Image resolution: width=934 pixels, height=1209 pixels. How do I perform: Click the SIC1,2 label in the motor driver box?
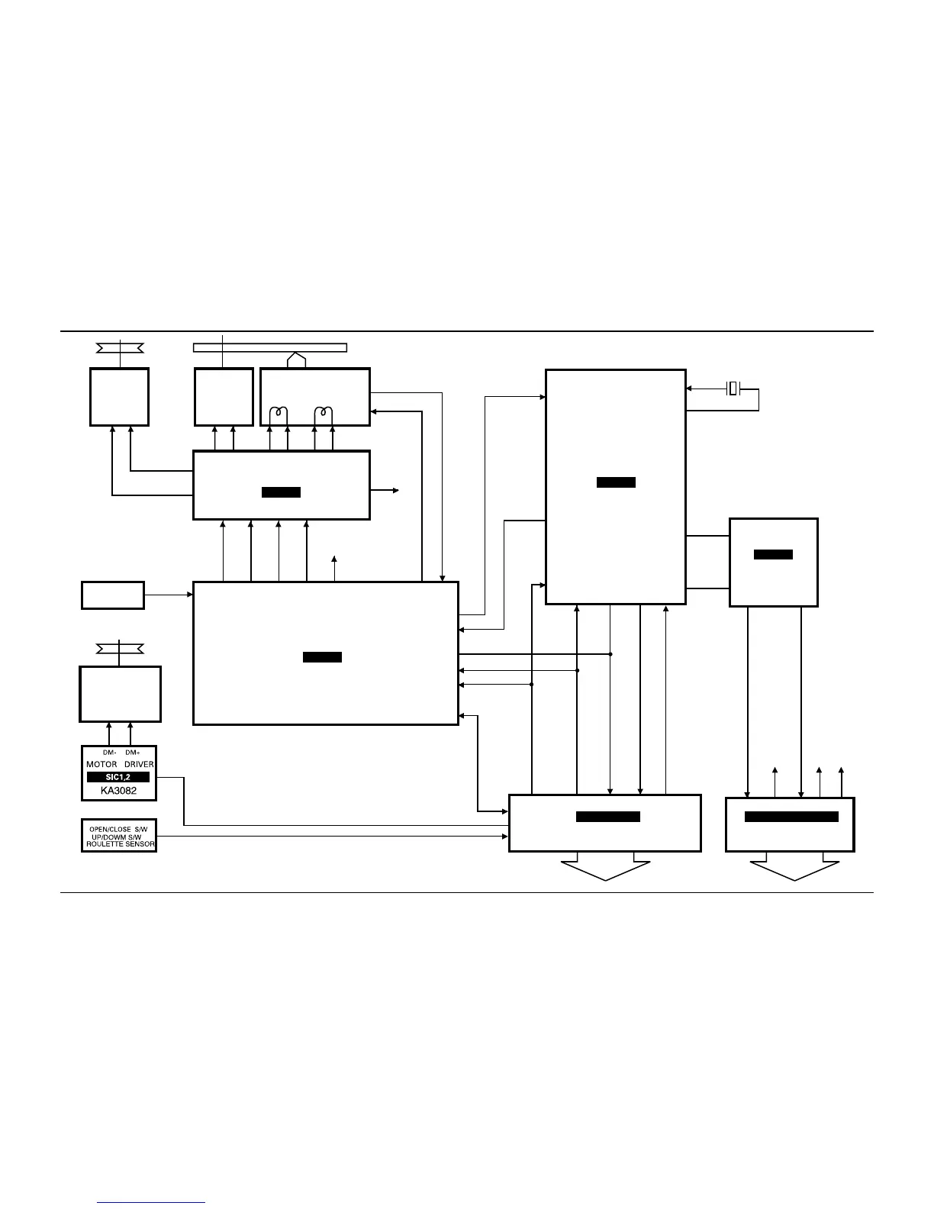click(118, 777)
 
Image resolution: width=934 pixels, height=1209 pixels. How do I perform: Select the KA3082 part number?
click(118, 791)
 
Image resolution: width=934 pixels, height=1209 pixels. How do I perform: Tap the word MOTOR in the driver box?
click(101, 764)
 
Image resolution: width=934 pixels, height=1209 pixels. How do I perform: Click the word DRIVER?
click(139, 764)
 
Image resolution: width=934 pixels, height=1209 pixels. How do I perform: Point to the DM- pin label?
click(109, 753)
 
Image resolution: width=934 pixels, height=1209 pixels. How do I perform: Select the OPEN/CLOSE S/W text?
click(118, 829)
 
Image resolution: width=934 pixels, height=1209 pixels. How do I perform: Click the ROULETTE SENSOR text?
click(120, 844)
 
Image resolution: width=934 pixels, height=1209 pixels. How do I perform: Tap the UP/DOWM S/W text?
click(117, 837)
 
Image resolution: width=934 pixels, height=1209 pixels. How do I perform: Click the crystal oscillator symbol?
click(733, 388)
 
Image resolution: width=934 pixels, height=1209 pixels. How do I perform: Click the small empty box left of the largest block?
click(112, 595)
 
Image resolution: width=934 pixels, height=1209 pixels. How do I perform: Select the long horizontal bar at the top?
click(270, 348)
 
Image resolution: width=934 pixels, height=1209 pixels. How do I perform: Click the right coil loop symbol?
click(324, 414)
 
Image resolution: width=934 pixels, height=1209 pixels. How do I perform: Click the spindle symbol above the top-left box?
click(120, 349)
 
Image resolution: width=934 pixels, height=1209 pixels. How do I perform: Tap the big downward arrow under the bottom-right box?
click(794, 869)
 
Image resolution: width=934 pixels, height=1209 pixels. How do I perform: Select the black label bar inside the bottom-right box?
click(791, 817)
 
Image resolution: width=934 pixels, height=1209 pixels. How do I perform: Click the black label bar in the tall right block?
click(616, 482)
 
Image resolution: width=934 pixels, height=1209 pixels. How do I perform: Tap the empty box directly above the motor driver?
click(120, 694)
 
